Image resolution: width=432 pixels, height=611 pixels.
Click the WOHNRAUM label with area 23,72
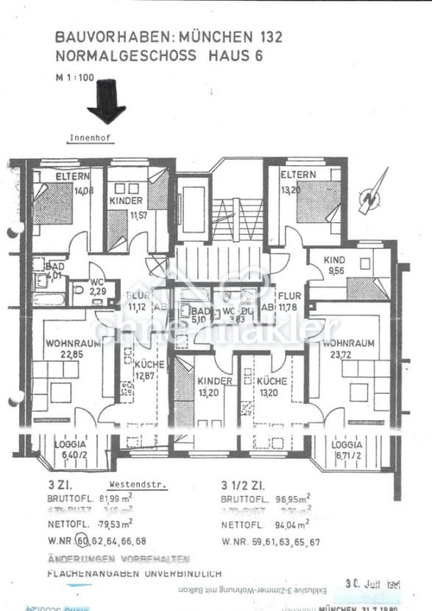[349, 343]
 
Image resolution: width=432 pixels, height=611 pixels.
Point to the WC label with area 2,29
[96, 281]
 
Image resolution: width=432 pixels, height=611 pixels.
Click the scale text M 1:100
[75, 77]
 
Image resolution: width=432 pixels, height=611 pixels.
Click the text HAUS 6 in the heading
[234, 55]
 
